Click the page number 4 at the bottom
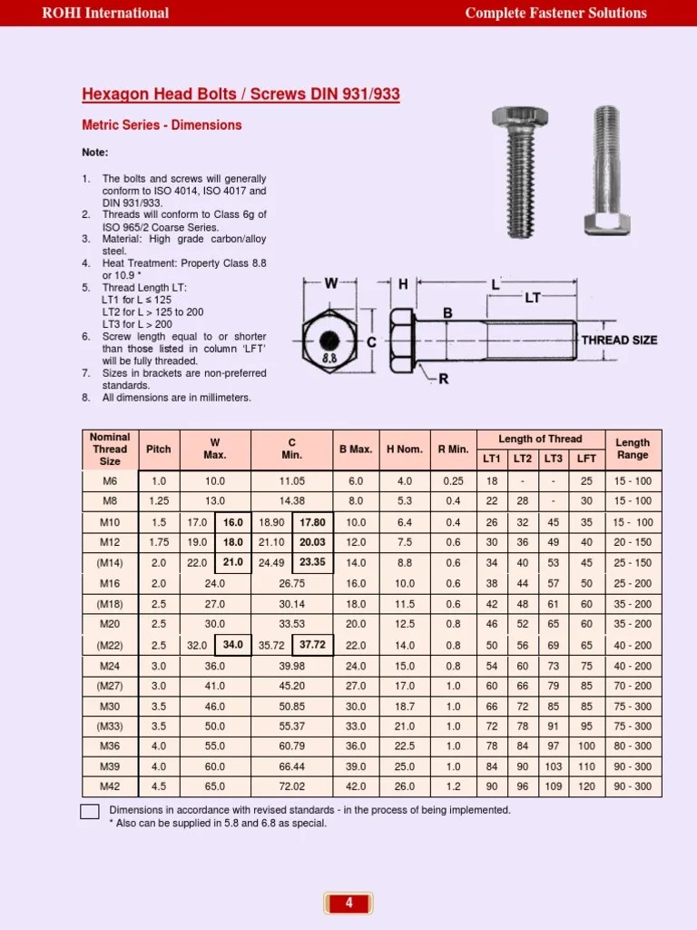point(348,903)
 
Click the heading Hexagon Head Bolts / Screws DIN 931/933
point(241,94)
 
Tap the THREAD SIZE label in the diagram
point(619,340)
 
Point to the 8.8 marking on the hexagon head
point(329,359)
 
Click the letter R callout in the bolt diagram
point(444,379)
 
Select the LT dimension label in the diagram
point(534,297)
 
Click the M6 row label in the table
point(110,480)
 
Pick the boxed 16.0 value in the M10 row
point(233,522)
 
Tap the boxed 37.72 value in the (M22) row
point(312,645)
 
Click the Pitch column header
point(158,449)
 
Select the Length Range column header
point(633,449)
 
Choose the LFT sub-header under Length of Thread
point(586,459)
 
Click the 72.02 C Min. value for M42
point(291,786)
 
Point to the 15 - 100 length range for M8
point(633,501)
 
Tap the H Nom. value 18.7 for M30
point(405,706)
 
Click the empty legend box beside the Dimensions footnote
point(90,812)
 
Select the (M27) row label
point(110,686)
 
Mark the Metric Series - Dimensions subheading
point(162,125)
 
